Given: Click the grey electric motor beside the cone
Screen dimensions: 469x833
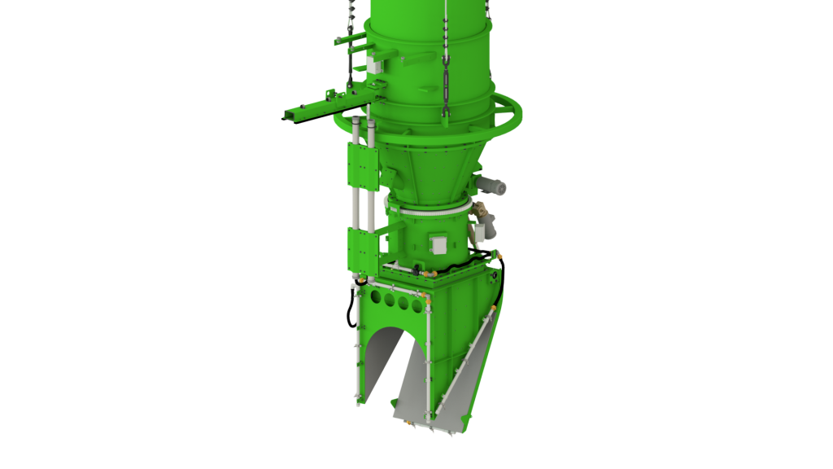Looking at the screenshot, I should [491, 187].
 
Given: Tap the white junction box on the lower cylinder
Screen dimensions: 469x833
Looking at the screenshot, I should [438, 245].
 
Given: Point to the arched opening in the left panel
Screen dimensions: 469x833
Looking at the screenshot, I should [383, 358].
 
